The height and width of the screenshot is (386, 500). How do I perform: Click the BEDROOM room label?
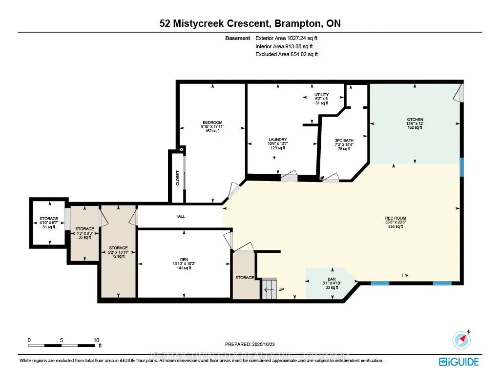212,122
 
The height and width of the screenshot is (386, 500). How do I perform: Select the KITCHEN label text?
415,120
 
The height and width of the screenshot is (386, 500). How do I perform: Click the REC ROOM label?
395,218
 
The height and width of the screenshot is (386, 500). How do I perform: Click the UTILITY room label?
321,95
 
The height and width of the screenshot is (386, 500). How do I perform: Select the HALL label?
180,216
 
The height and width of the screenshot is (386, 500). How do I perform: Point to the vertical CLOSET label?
178,178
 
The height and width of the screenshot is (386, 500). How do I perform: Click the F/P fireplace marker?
405,276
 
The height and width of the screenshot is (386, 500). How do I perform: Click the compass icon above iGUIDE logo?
461,339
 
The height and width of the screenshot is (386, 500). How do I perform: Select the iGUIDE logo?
458,362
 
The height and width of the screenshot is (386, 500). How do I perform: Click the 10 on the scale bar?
96,340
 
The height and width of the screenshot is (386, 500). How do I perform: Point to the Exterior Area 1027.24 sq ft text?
290,38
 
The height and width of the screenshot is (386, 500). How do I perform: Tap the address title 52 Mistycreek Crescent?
210,24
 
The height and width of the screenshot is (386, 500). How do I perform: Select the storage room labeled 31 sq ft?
49,222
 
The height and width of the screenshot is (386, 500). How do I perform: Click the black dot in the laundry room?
274,158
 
